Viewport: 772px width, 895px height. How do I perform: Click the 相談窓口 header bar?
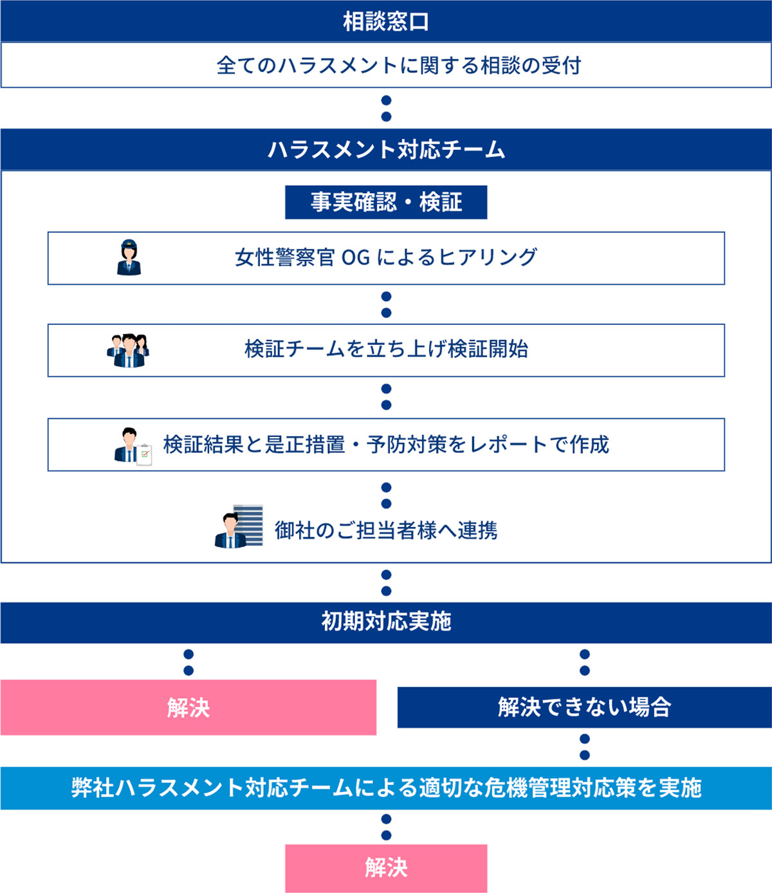pyautogui.click(x=386, y=21)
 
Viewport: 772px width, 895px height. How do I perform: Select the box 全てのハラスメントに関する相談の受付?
pyautogui.click(x=386, y=65)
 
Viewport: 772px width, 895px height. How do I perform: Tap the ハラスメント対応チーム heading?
pyautogui.click(x=386, y=149)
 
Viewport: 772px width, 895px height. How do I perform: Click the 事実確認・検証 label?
pyautogui.click(x=386, y=202)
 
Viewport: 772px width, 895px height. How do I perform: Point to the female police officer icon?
pyautogui.click(x=129, y=257)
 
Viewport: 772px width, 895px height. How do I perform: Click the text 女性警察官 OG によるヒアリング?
pyautogui.click(x=386, y=257)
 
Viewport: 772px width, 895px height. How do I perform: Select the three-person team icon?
pyautogui.click(x=128, y=351)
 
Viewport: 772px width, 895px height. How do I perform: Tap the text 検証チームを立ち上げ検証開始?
pyautogui.click(x=386, y=349)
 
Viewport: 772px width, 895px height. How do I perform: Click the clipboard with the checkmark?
pyautogui.click(x=144, y=455)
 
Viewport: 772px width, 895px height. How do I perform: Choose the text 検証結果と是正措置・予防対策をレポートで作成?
pyautogui.click(x=386, y=444)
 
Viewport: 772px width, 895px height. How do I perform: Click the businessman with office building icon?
pyautogui.click(x=239, y=526)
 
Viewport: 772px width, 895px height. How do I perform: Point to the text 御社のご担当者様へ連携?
pyautogui.click(x=386, y=530)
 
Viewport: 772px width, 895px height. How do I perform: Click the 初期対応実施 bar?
pyautogui.click(x=386, y=622)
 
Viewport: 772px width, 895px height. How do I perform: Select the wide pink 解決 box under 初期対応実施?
pyautogui.click(x=188, y=708)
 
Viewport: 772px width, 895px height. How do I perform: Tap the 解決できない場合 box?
pyautogui.click(x=585, y=707)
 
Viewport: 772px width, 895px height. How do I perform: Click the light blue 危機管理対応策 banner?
pyautogui.click(x=386, y=788)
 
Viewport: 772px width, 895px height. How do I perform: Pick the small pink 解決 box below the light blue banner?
pyautogui.click(x=386, y=868)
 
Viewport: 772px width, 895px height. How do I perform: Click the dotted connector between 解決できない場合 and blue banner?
pyautogui.click(x=585, y=748)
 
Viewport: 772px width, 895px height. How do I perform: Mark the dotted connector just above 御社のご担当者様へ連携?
pyautogui.click(x=386, y=496)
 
